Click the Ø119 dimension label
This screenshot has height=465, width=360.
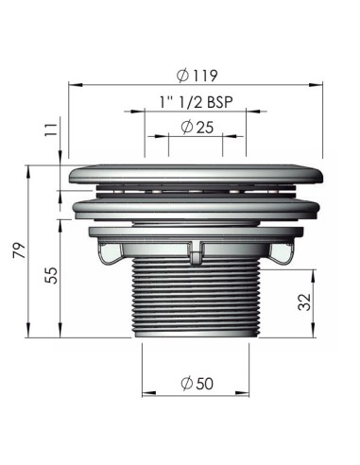197,76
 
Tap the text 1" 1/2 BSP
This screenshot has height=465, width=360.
197,102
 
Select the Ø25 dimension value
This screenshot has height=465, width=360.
197,127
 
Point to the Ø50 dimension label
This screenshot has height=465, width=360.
197,383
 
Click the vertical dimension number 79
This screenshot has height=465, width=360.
19,250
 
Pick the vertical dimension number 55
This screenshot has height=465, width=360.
51,276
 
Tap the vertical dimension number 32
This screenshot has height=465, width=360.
304,302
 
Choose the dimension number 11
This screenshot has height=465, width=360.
51,129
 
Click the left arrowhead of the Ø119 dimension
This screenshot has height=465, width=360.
76,85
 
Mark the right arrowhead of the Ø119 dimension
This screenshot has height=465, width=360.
316,85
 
